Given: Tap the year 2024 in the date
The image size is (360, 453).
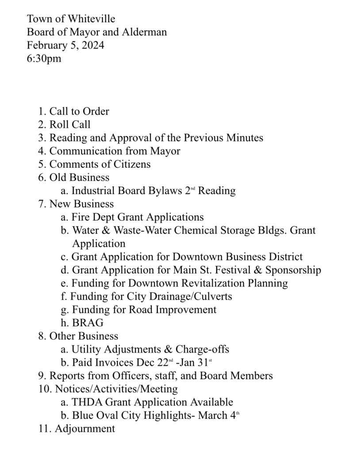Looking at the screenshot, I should coord(92,45).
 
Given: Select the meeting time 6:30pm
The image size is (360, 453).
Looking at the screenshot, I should coord(44,58).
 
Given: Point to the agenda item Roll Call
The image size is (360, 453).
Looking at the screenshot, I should coord(70,125).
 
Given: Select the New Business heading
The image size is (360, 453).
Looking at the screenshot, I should coord(81,204).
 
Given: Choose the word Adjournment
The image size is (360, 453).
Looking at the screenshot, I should coord(85,429).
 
